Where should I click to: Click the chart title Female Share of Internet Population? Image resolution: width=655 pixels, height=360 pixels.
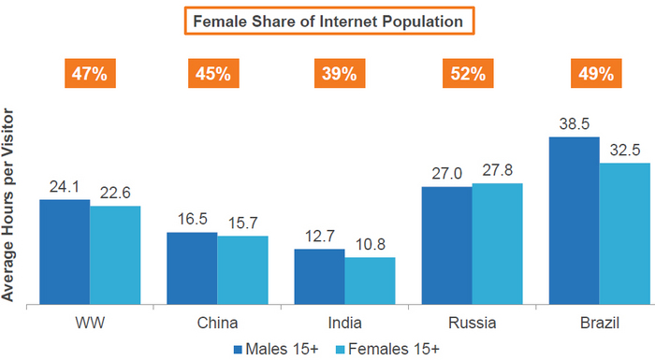point(327,20)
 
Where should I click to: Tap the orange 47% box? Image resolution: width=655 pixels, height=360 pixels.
point(89,73)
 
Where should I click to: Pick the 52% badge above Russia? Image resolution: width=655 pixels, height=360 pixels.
point(472,73)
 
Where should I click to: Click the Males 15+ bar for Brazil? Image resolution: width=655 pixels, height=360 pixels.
point(574,220)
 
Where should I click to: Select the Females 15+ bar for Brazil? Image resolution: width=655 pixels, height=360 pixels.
point(624,233)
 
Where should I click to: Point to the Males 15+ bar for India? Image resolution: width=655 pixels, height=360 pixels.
point(319,276)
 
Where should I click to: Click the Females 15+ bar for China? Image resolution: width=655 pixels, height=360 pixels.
point(242,269)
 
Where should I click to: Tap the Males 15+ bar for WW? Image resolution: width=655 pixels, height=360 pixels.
point(65,252)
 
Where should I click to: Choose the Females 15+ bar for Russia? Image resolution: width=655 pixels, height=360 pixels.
point(497,243)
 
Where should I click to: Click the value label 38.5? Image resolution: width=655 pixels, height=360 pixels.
point(574,122)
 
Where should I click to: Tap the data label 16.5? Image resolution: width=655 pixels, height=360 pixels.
point(192,218)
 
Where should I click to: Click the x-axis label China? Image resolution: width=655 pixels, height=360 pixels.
point(216,323)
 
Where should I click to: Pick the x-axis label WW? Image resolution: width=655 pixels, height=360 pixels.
point(89,323)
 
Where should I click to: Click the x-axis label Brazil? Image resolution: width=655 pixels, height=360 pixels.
point(599,323)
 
